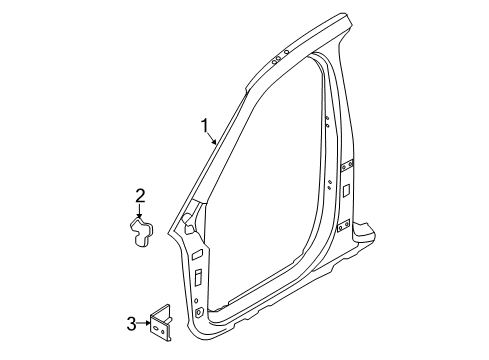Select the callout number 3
click(x=131, y=322)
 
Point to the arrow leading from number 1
click(x=213, y=140)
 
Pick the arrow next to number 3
click(x=145, y=322)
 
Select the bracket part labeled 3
click(x=163, y=320)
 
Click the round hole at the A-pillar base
click(x=200, y=314)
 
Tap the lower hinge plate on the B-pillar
click(x=343, y=226)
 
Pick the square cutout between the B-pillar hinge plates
click(x=344, y=189)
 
